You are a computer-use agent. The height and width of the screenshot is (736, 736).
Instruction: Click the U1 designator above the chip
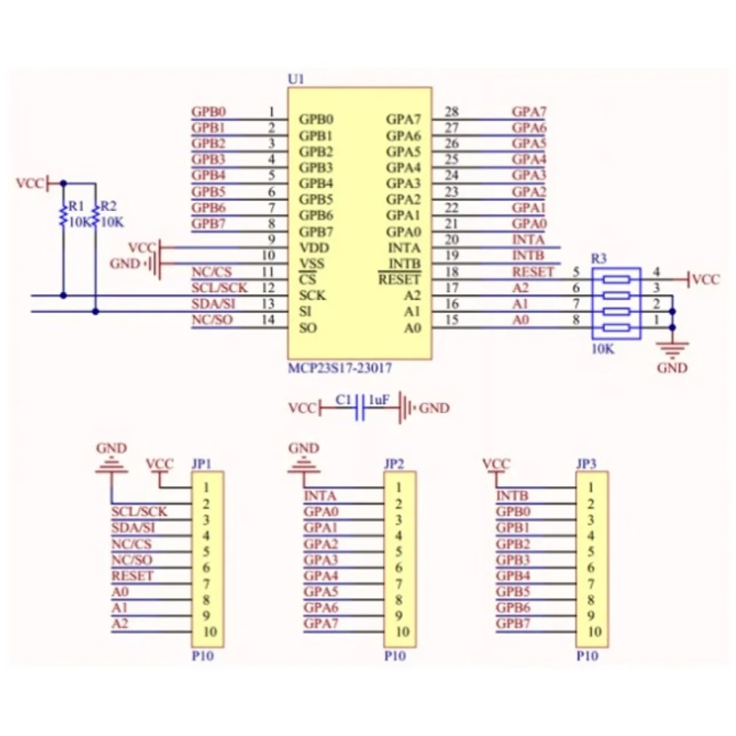[296, 79]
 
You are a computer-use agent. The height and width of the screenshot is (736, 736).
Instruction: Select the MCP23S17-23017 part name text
[340, 368]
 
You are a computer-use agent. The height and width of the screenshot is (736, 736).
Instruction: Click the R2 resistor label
[108, 206]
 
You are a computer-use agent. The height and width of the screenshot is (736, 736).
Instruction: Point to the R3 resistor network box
[616, 303]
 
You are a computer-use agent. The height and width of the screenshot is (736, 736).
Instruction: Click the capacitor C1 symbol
[360, 407]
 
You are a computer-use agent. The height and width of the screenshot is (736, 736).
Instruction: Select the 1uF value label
[379, 399]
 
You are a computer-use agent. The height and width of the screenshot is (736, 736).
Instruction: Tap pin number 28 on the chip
[451, 112]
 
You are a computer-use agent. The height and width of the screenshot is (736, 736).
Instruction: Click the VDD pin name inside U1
[314, 248]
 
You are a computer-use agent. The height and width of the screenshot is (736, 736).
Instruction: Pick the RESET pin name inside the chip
[400, 279]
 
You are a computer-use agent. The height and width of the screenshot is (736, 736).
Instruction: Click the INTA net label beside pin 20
[528, 240]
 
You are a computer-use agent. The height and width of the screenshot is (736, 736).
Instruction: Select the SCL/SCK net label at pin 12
[219, 287]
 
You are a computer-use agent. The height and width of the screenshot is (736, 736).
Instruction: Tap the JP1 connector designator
[201, 464]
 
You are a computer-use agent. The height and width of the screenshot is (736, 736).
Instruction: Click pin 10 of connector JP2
[402, 632]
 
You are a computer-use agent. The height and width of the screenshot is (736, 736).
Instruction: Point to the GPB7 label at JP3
[513, 624]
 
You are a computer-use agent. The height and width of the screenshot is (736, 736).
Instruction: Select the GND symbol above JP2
[304, 464]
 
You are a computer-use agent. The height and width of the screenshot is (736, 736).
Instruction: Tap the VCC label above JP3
[496, 464]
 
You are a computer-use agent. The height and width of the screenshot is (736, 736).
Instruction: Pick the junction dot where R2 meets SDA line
[96, 311]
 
